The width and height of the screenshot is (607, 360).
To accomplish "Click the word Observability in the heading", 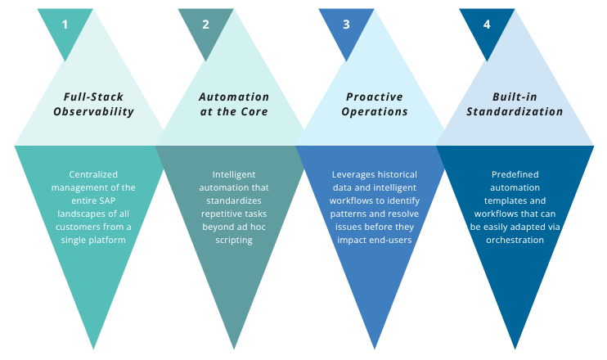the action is point(94,112).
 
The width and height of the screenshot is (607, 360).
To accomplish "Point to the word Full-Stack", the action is point(93,97).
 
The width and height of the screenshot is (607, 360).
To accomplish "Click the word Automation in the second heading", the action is point(234,97).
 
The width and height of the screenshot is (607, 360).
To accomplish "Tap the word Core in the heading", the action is point(254,112).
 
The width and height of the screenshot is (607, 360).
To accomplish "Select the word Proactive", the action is point(375,97).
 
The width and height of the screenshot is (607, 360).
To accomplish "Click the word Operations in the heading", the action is point(375,112).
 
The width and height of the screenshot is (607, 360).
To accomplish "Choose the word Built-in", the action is point(515,97).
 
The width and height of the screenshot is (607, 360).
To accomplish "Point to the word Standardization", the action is point(515,112).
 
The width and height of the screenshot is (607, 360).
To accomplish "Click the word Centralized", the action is point(93,174).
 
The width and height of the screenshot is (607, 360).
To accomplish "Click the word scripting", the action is point(234,241).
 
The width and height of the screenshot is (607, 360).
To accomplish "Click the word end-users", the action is point(389,240).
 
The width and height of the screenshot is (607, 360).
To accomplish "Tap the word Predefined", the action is point(515,174).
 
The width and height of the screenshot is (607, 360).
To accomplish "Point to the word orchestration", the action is point(515,240).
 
